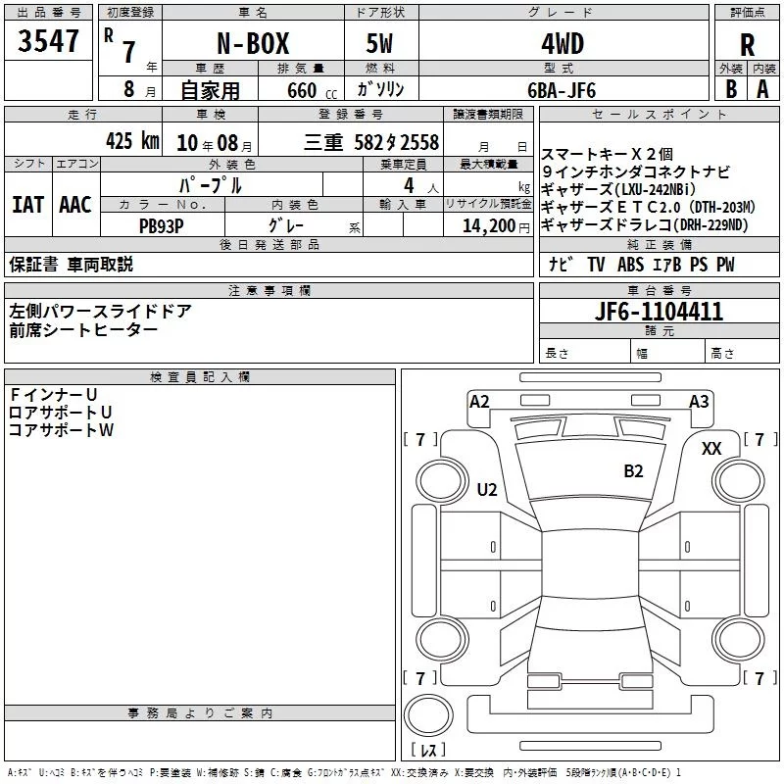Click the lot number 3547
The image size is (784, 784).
tap(49, 42)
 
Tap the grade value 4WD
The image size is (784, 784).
tap(562, 44)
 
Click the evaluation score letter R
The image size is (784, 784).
tap(747, 45)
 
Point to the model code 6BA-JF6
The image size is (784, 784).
tap(562, 90)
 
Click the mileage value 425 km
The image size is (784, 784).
tap(132, 141)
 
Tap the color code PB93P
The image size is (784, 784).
tap(160, 224)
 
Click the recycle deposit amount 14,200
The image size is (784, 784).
tap(487, 224)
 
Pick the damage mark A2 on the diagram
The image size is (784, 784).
tap(479, 401)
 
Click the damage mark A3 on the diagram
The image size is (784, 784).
tap(699, 401)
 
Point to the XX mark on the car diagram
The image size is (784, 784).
tap(711, 448)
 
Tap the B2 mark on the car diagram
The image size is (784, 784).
tap(633, 471)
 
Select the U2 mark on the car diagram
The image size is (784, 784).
tap(487, 489)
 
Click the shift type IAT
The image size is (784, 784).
tap(28, 204)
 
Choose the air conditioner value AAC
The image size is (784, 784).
tap(75, 204)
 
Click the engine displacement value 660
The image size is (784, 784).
tap(302, 90)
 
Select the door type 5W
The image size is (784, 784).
tap(380, 44)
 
